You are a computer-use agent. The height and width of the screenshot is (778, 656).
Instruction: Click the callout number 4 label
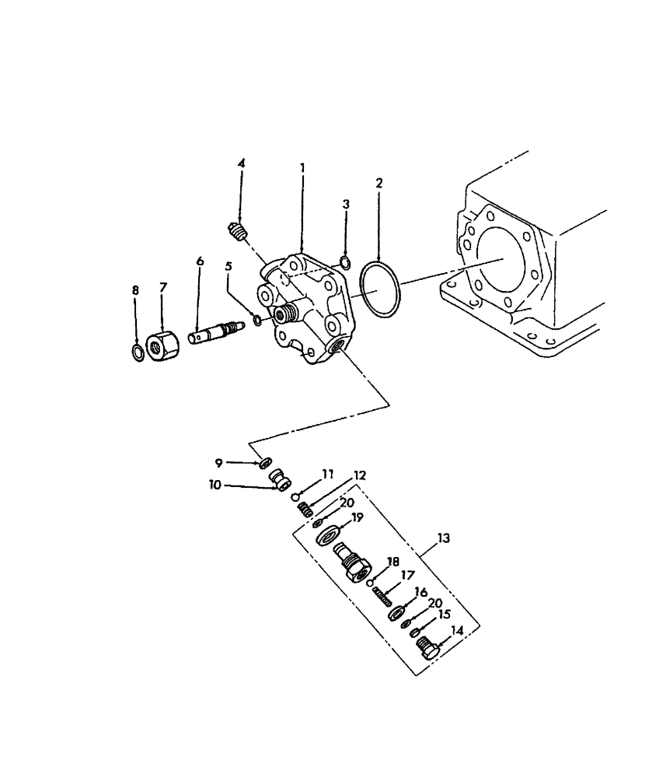(x=241, y=163)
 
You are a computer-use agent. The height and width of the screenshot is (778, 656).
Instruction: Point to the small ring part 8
(x=135, y=353)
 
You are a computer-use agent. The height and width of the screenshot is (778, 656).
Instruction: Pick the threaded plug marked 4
(x=239, y=231)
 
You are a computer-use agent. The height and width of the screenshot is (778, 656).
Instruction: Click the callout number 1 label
(x=302, y=167)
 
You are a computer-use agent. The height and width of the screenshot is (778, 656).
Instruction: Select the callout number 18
(x=393, y=562)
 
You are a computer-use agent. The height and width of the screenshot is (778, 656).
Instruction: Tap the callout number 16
(x=422, y=593)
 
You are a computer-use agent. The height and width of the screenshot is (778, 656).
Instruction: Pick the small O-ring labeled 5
(x=257, y=321)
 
